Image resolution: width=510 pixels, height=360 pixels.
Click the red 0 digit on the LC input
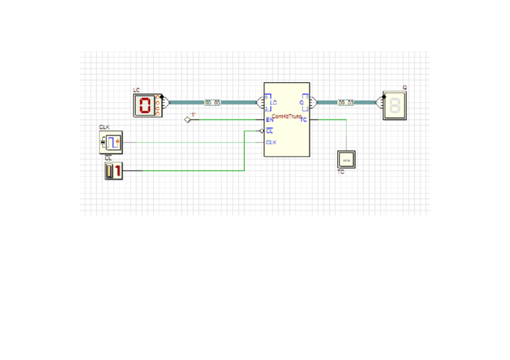(144, 106)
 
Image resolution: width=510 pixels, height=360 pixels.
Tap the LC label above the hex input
(136, 90)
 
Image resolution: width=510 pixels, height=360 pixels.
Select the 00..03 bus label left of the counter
(212, 103)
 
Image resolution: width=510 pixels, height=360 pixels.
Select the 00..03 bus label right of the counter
(346, 103)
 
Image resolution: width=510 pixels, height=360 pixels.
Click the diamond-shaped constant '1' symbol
(187, 120)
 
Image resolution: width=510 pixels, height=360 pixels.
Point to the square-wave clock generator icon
(111, 142)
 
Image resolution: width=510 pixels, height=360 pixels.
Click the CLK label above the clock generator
(104, 127)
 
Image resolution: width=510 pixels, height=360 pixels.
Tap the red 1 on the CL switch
(117, 171)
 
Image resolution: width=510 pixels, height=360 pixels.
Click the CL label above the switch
(108, 158)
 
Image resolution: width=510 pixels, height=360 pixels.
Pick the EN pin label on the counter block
(269, 120)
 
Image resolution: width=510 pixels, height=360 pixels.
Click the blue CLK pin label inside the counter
(271, 142)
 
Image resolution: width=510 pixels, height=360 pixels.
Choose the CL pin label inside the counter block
(269, 131)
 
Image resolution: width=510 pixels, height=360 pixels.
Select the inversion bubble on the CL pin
(262, 131)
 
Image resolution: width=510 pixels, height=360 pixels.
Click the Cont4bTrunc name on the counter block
(286, 116)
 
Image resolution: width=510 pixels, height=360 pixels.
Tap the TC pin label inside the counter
(304, 120)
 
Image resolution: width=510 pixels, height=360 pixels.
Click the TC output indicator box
(346, 159)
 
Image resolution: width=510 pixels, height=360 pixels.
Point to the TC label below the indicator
(340, 172)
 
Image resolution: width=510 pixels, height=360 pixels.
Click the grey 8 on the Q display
(395, 106)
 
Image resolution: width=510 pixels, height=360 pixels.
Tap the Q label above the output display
(405, 88)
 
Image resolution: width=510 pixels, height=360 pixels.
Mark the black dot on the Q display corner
(384, 95)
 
